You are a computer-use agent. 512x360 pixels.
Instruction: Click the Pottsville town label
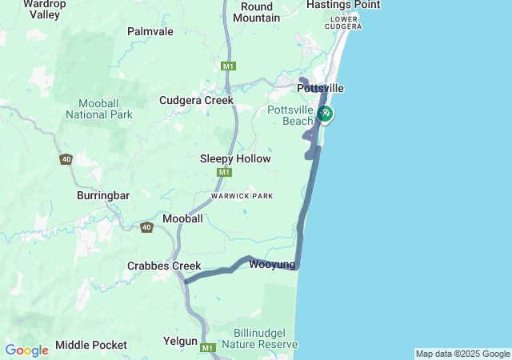[321, 87]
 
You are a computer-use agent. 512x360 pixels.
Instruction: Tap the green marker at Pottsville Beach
[325, 114]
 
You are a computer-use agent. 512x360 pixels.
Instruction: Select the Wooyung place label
[272, 265]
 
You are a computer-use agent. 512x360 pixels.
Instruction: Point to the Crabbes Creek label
[158, 266]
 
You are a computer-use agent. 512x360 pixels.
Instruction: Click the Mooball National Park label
[106, 109]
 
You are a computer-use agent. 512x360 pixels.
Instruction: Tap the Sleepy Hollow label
[235, 159]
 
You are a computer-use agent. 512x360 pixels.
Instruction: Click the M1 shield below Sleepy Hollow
[224, 173]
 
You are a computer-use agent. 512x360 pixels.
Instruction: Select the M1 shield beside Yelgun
[208, 348]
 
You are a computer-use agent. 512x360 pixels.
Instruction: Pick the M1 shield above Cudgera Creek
[229, 66]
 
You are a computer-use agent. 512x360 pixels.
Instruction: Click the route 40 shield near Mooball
[146, 228]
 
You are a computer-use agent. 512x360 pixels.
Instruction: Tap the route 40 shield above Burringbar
[66, 160]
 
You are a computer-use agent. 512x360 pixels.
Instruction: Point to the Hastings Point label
[343, 5]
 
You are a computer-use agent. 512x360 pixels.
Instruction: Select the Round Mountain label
[260, 12]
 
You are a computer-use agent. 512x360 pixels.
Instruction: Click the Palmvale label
[150, 32]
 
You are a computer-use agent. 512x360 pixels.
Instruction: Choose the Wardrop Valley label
[39, 9]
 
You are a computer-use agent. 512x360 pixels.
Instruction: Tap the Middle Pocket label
[91, 345]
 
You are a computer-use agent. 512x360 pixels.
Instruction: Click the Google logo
[26, 350]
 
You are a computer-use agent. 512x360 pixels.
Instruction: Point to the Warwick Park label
[242, 196]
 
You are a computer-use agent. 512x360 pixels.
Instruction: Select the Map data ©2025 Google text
[462, 354]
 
